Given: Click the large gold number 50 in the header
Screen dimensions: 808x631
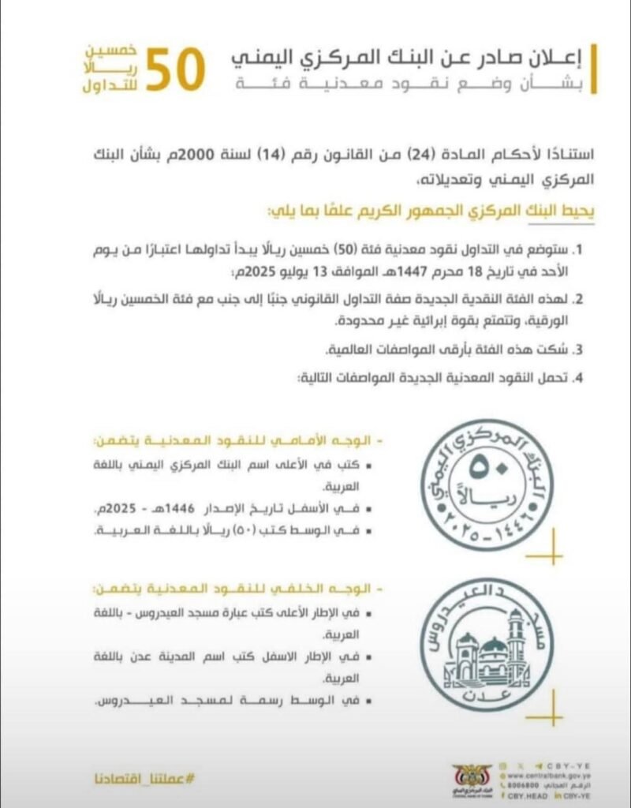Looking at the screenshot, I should pos(174,70).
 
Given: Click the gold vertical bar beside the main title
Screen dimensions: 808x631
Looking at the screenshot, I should pos(593,69).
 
